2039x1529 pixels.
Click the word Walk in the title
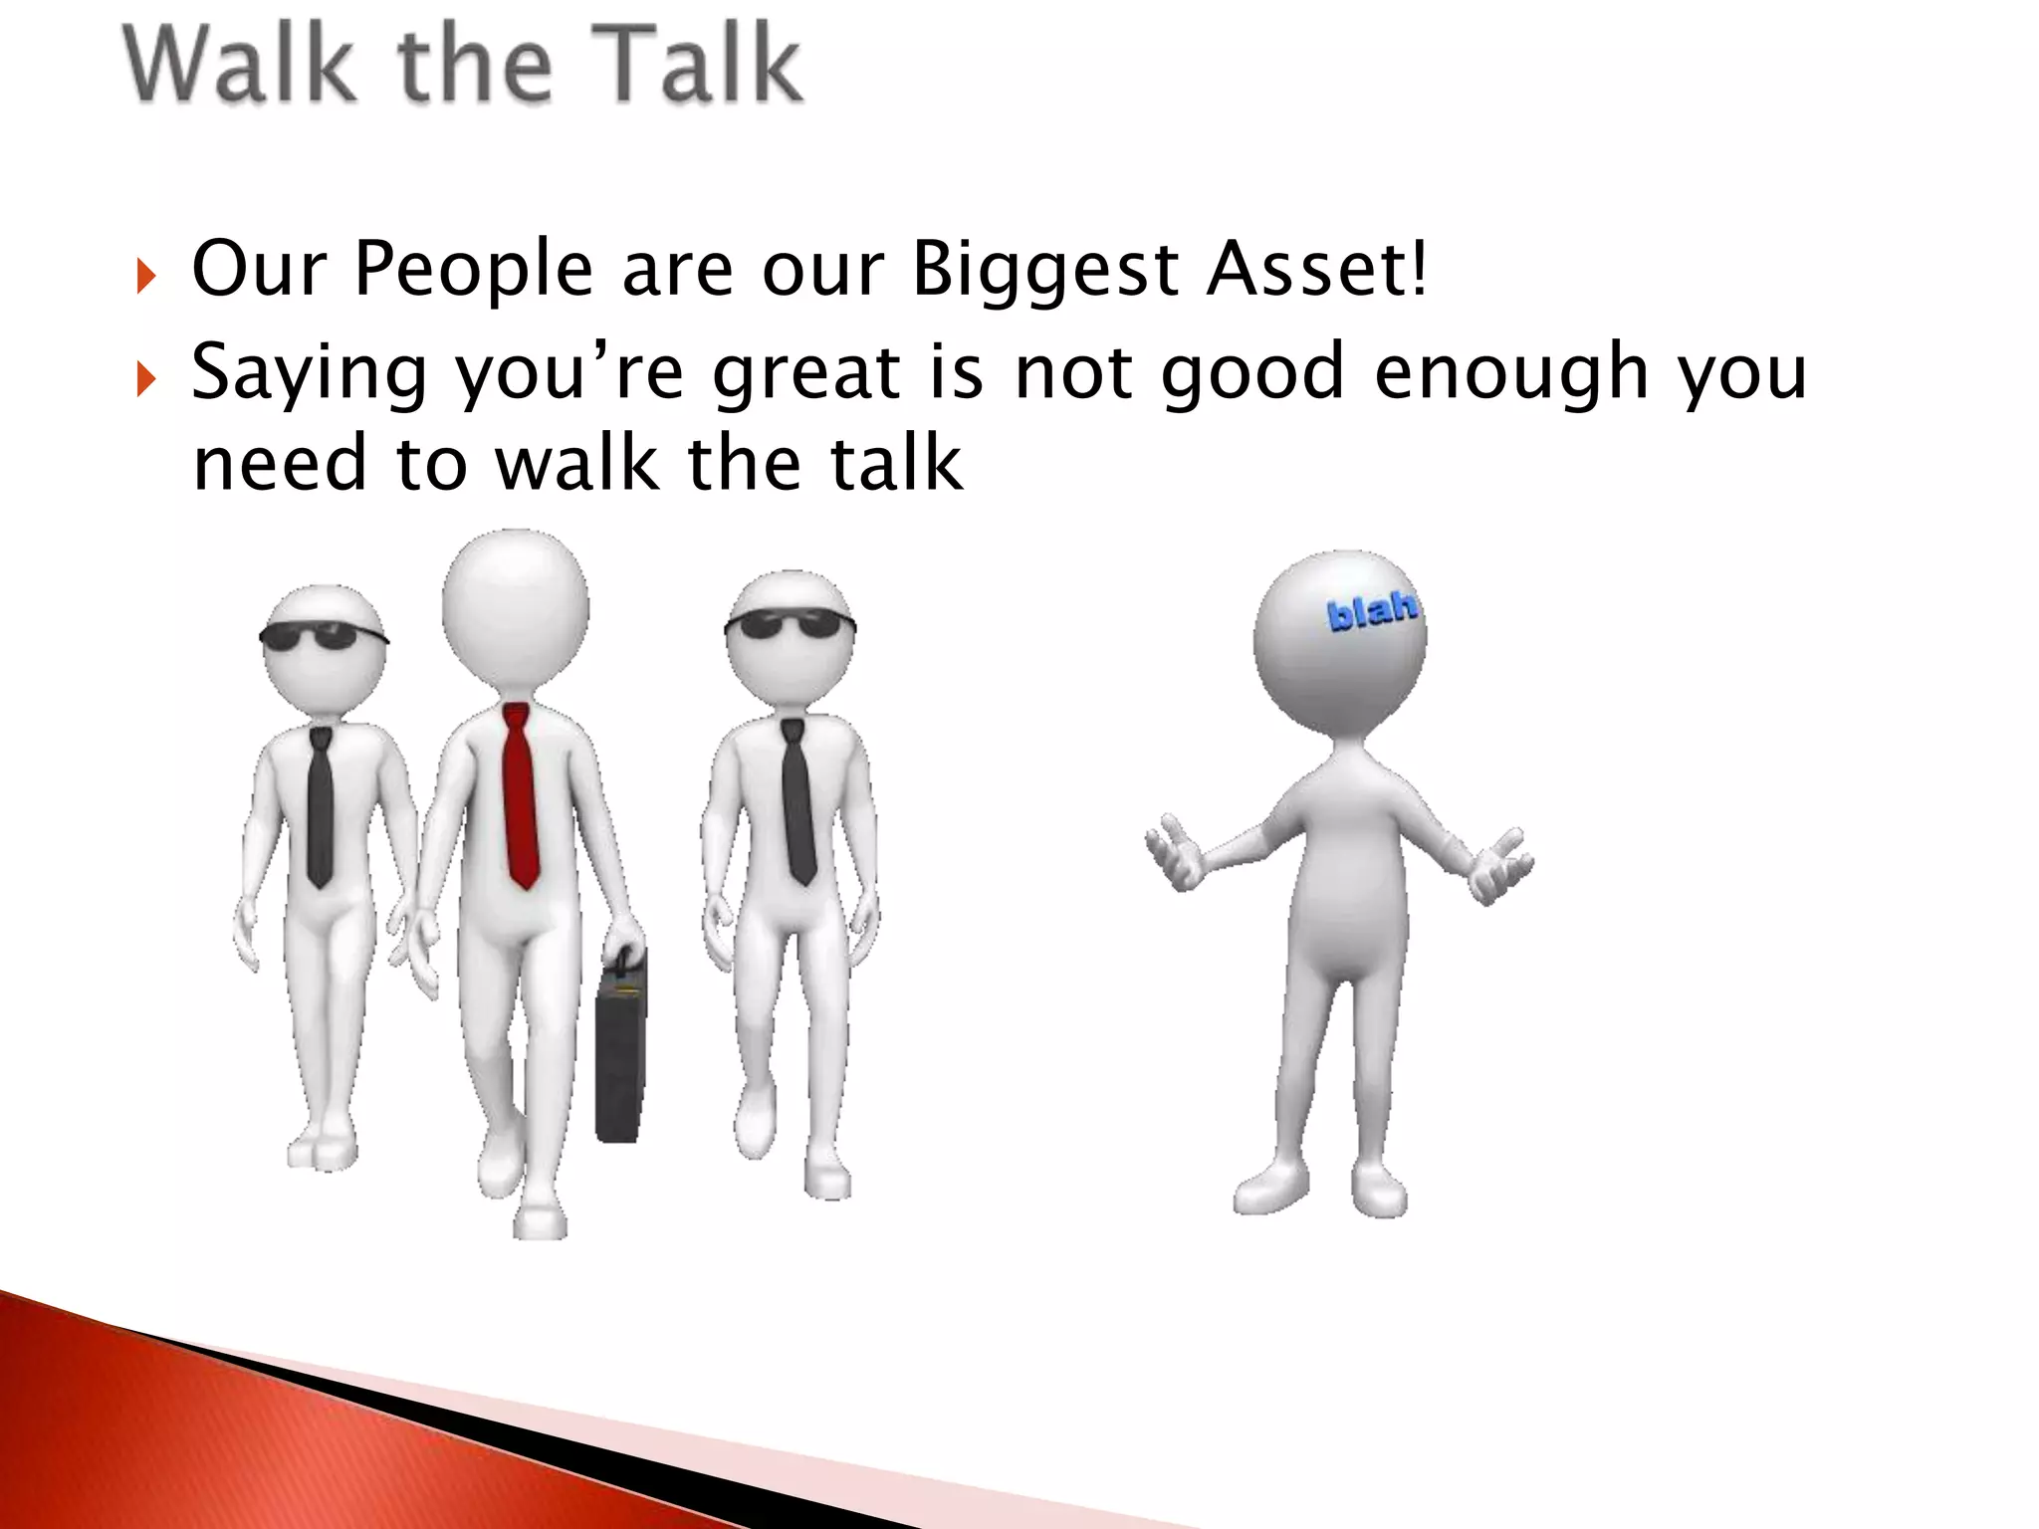pyautogui.click(x=239, y=66)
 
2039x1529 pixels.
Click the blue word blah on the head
pyautogui.click(x=1372, y=609)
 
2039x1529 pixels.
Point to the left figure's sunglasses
pyautogui.click(x=323, y=635)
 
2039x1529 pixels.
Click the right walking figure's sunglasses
pyautogui.click(x=790, y=625)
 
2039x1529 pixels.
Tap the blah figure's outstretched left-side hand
pyautogui.click(x=1175, y=856)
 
